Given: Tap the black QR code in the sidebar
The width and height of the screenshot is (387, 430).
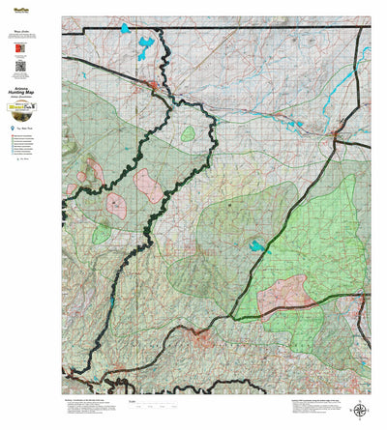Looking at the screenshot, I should pos(20,67).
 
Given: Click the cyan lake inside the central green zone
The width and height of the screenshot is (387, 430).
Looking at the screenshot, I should pos(258,246).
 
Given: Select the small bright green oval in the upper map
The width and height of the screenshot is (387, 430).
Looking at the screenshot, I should pos(187,133).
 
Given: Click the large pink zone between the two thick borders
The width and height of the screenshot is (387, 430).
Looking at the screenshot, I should pos(149,184).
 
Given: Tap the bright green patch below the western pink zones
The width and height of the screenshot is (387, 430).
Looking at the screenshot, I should pos(102,233).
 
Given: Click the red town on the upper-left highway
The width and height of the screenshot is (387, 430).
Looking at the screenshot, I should pos(153,88).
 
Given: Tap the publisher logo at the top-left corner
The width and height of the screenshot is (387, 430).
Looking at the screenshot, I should pos(20,6).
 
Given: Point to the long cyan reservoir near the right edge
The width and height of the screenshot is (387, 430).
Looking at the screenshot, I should pos(340,93).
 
